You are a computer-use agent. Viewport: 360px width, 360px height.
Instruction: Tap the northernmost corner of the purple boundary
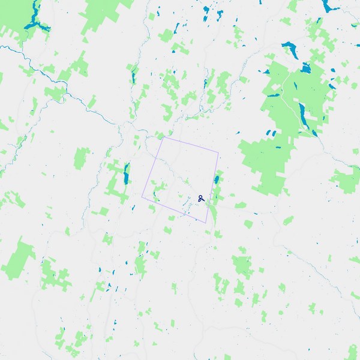pos(163,137)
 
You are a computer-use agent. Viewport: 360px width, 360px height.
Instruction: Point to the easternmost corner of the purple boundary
pos(219,153)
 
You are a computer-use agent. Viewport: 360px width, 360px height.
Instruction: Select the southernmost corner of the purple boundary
pos(206,223)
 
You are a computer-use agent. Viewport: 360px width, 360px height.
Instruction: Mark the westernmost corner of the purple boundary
pos(142,196)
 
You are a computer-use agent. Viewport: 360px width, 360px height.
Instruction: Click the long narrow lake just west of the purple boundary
pos(126,173)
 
